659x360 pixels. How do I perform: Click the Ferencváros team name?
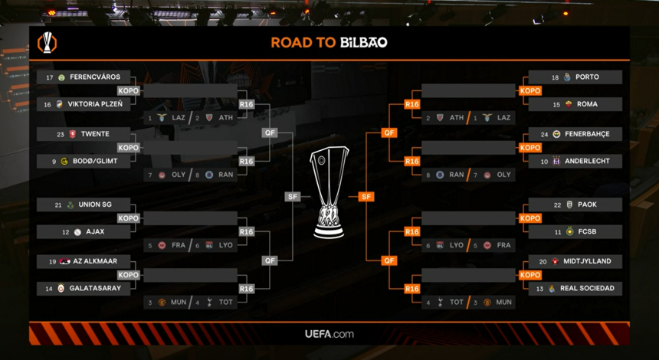click(x=94, y=77)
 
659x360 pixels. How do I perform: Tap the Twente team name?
click(x=94, y=134)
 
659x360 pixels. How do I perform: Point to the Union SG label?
click(x=95, y=205)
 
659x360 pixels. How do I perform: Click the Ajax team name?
click(x=94, y=232)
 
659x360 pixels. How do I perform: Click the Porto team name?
click(x=587, y=77)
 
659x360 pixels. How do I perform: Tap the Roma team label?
click(x=587, y=104)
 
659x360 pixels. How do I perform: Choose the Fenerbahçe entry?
click(x=587, y=134)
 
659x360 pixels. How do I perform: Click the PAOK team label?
click(x=587, y=205)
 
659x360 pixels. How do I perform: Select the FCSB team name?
click(x=587, y=232)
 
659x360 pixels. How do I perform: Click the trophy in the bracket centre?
click(x=329, y=191)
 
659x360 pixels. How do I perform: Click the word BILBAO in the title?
click(x=363, y=43)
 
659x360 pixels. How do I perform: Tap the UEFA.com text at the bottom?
click(x=329, y=334)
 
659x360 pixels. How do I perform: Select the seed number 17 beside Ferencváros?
click(x=50, y=77)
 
